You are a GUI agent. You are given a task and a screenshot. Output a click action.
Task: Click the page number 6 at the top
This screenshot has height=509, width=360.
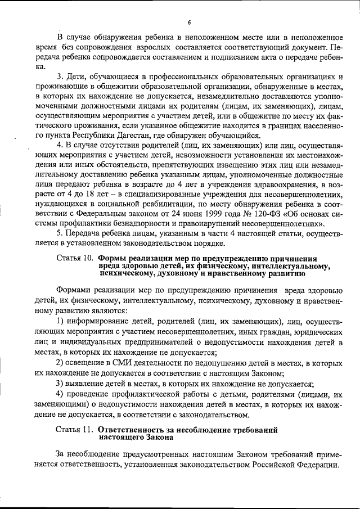tap(190, 22)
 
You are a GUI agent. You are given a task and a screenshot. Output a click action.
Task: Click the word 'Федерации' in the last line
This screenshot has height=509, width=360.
tap(318, 466)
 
